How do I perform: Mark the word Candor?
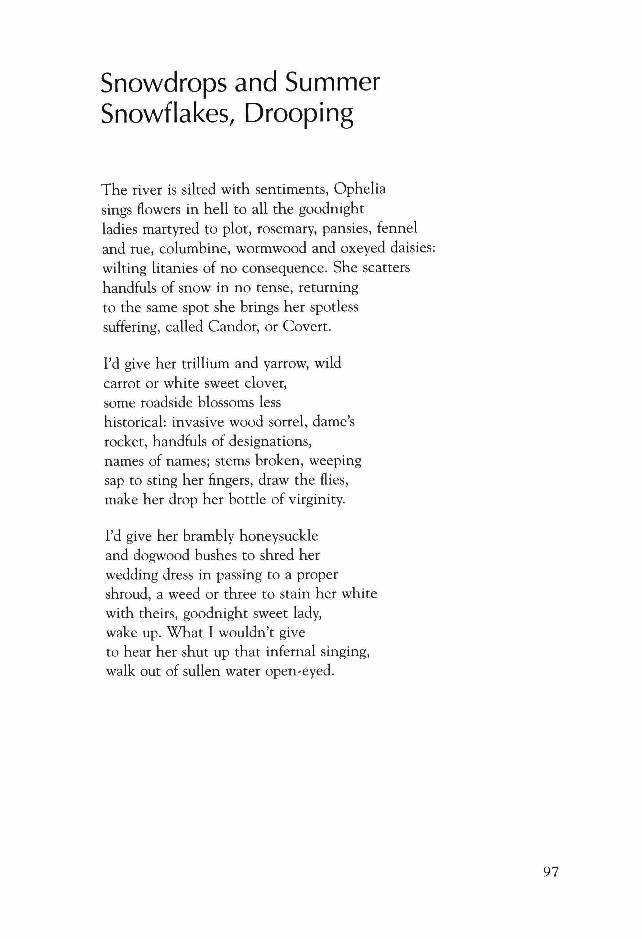coord(232,327)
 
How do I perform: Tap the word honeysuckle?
coord(279,536)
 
